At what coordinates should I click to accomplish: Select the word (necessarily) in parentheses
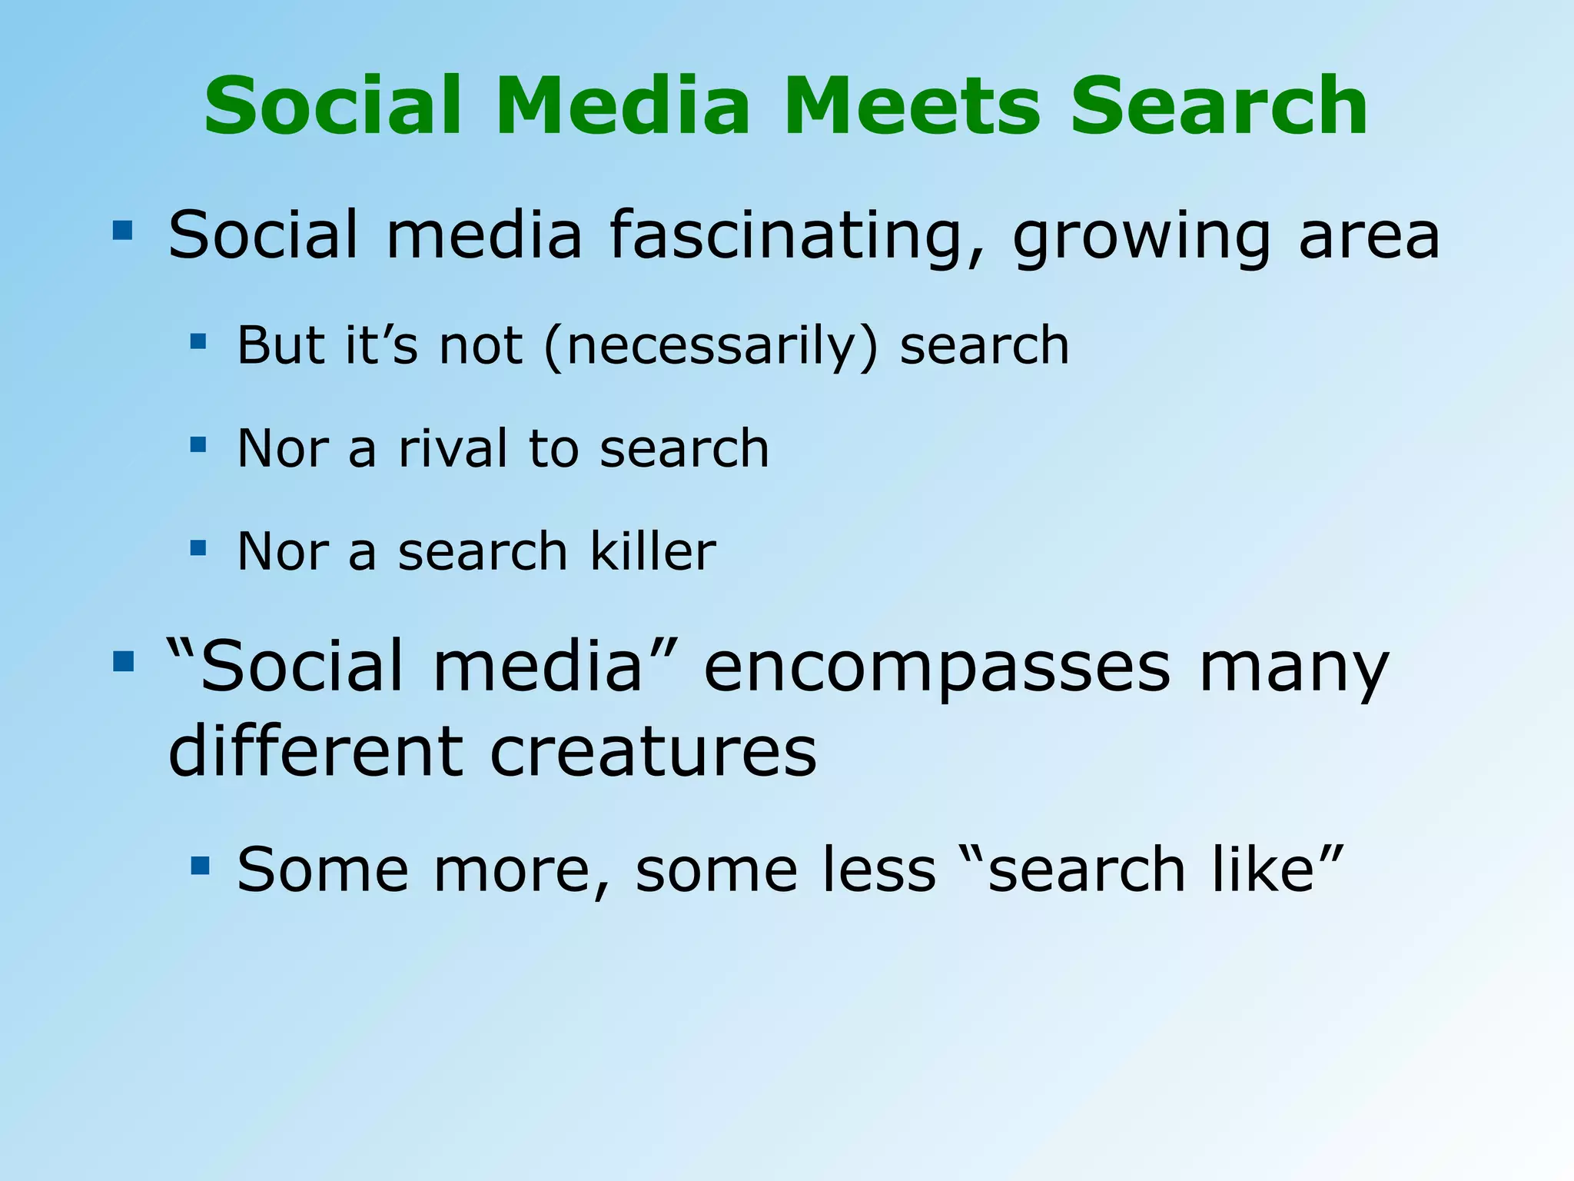[711, 346]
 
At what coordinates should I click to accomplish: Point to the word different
[315, 751]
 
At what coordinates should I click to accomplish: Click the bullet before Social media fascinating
[122, 230]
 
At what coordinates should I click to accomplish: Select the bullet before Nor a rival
[198, 444]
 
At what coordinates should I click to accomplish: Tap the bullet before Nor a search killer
[198, 547]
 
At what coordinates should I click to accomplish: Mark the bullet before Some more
[200, 866]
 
